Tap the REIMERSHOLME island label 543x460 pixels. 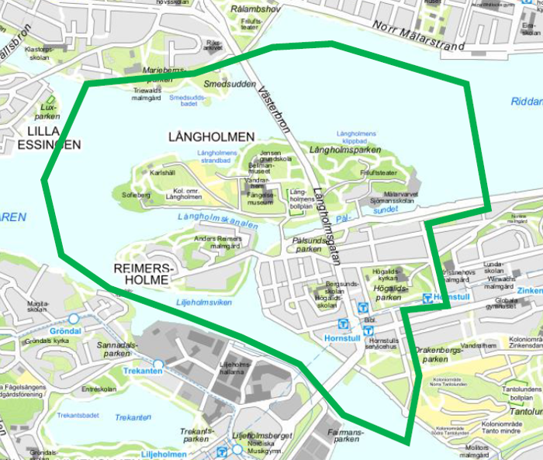[146, 273]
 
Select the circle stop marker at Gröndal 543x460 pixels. [74, 319]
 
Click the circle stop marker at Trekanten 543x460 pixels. [158, 364]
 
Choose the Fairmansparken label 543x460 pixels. [345, 435]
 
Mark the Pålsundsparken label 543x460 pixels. [308, 245]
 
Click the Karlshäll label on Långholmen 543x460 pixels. [164, 172]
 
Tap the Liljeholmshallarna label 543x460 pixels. [237, 368]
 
